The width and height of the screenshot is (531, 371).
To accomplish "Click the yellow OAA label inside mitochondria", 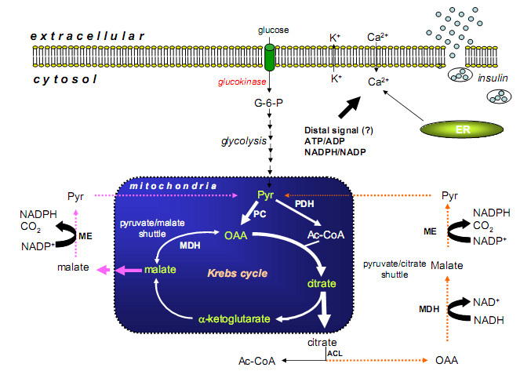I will point(236,235).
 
